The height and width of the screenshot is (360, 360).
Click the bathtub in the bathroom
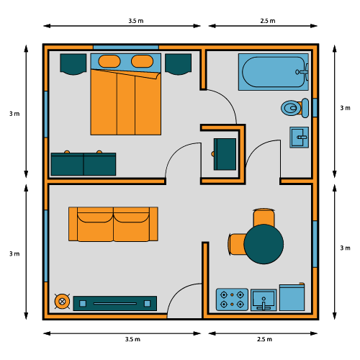[274, 71]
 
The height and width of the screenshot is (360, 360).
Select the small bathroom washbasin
[299, 136]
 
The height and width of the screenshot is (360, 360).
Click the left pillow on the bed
[109, 61]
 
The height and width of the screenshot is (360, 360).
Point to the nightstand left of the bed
[73, 63]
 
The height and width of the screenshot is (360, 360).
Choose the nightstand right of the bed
[178, 63]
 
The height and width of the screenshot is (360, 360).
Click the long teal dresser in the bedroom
[83, 164]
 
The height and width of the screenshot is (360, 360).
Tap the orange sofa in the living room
[113, 224]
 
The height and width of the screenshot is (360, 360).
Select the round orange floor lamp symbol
[63, 302]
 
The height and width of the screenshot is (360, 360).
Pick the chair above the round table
[264, 217]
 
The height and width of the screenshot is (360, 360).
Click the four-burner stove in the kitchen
[232, 300]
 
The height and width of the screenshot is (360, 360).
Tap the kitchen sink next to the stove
[264, 300]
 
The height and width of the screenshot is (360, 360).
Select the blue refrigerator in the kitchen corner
[293, 297]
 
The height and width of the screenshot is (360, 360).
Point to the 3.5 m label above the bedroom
[134, 21]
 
